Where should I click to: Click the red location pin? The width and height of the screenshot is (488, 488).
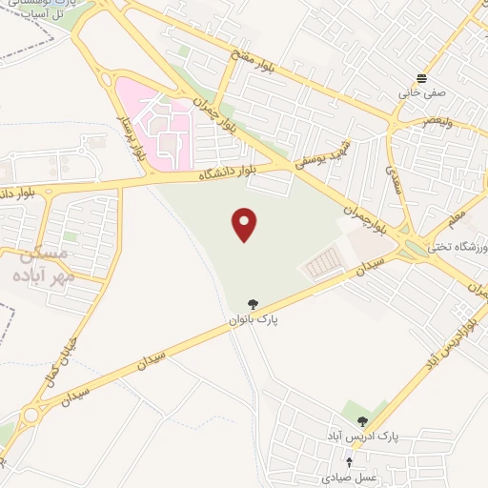click(245, 224)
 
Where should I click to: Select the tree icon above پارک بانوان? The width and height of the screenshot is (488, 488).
click(253, 304)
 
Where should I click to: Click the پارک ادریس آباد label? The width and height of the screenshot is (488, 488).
click(362, 437)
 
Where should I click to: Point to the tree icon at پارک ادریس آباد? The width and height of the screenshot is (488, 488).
click(362, 420)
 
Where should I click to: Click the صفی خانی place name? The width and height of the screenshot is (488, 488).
click(422, 94)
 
